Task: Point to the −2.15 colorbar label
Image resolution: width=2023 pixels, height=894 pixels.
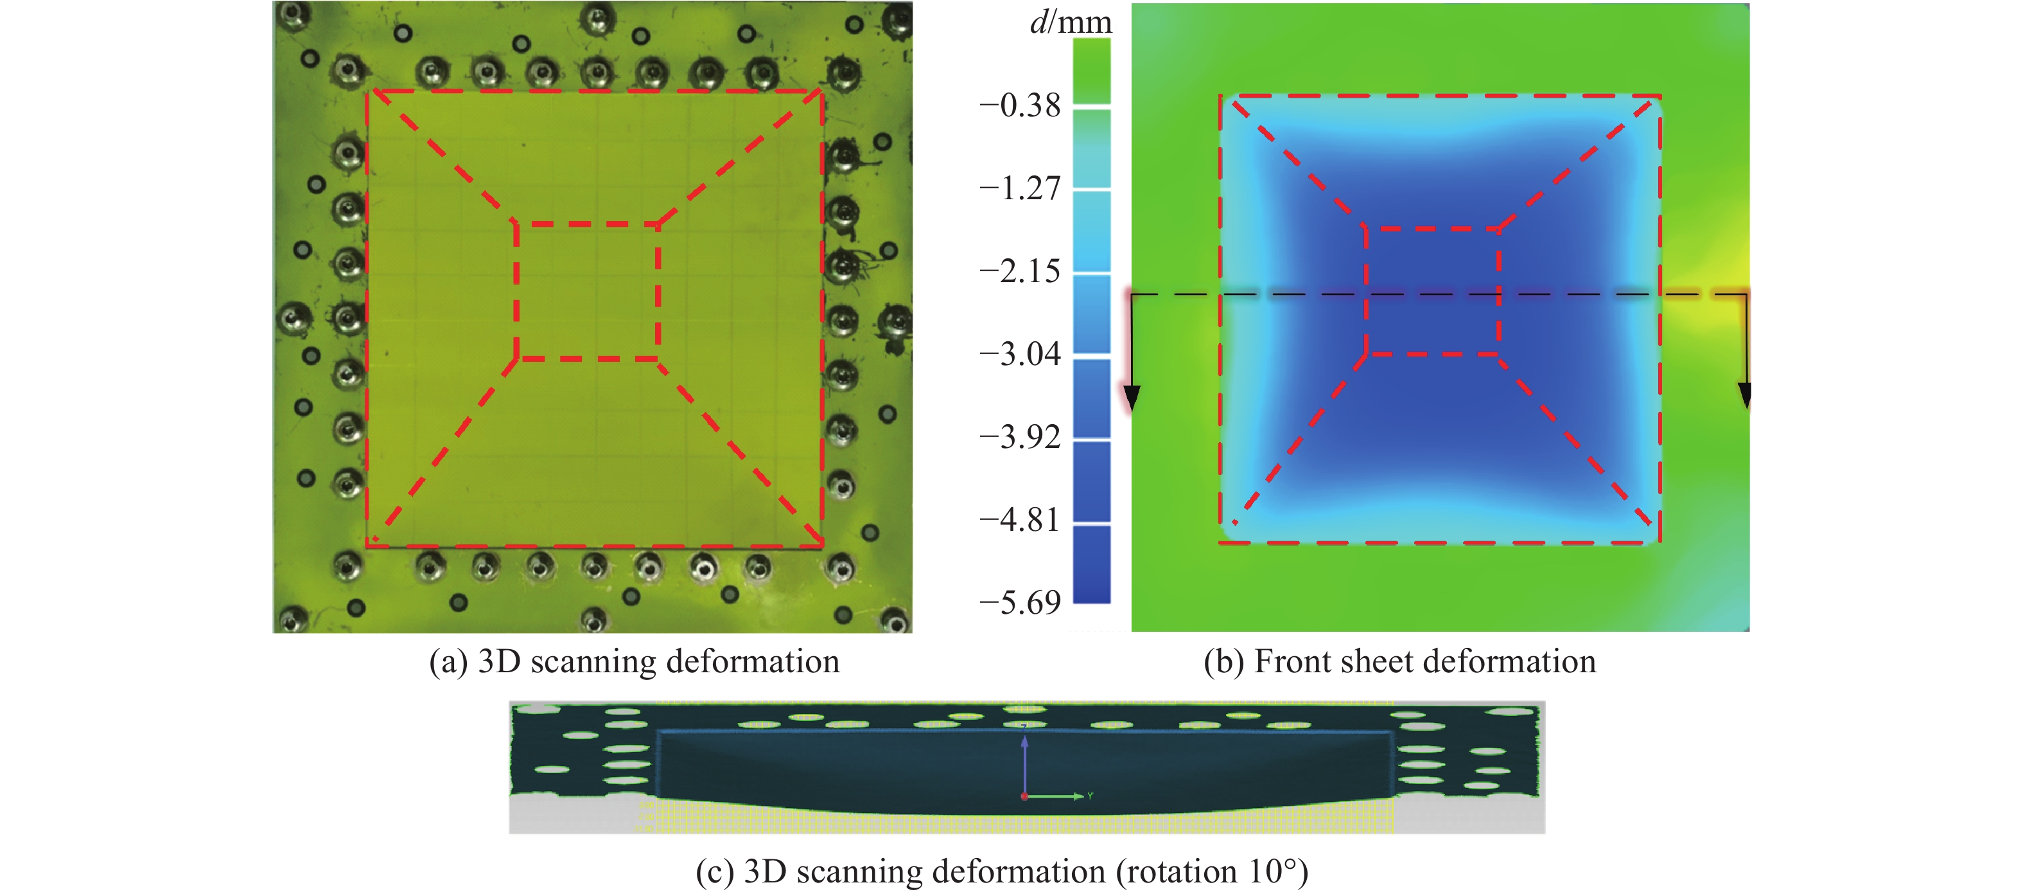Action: tap(1019, 272)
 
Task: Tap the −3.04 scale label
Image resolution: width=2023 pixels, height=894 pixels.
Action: tap(1019, 355)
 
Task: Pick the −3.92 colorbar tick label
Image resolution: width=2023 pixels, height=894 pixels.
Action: tap(1019, 438)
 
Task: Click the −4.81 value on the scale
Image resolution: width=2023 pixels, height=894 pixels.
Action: tap(1019, 521)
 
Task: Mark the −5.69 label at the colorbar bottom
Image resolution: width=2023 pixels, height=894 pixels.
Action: tap(1019, 603)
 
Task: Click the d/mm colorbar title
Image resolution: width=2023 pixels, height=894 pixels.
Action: tap(1071, 22)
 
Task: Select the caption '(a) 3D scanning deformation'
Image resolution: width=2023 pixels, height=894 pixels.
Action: tap(634, 661)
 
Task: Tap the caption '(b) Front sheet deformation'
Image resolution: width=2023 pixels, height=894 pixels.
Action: tap(1399, 661)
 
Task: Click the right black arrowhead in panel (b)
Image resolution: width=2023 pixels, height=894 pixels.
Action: tap(1745, 395)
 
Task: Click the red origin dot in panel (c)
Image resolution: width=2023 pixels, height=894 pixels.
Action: tap(1024, 796)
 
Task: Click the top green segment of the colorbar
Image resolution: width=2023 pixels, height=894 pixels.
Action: tap(1092, 69)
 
